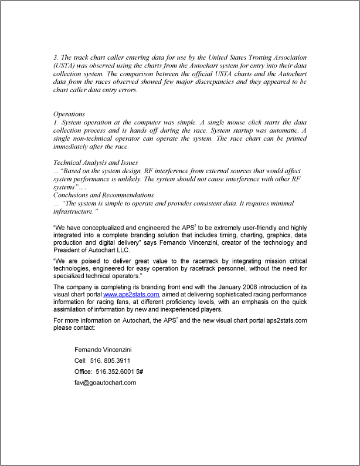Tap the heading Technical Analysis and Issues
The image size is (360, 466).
tap(96, 162)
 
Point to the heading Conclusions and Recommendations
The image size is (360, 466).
tap(103, 195)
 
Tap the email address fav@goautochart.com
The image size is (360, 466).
tap(105, 383)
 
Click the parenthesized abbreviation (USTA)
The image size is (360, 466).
tap(64, 66)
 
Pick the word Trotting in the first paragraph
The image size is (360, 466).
tap(256, 58)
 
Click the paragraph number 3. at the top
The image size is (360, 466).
tap(56, 58)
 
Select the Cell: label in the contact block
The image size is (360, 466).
tap(80, 360)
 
